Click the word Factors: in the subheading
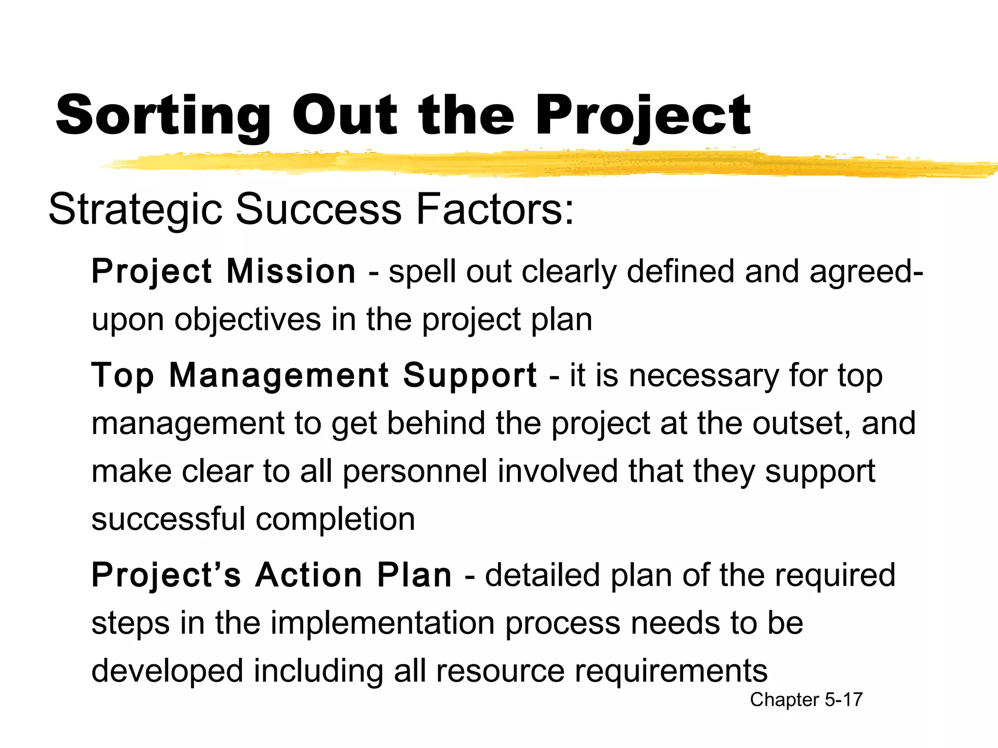(495, 209)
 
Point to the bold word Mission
(291, 271)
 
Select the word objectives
(248, 320)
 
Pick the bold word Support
(470, 376)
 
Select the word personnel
(415, 471)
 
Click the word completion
(335, 520)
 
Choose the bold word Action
(309, 575)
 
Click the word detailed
(542, 575)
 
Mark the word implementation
(383, 623)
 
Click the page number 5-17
(844, 700)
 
